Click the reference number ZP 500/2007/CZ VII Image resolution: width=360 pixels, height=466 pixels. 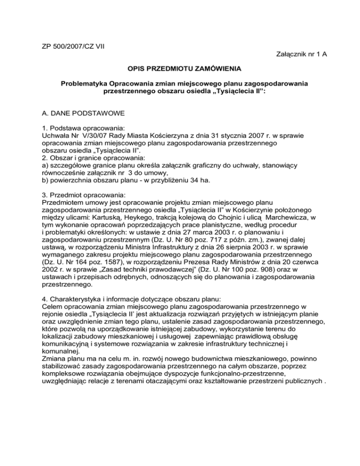(x=70, y=33)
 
